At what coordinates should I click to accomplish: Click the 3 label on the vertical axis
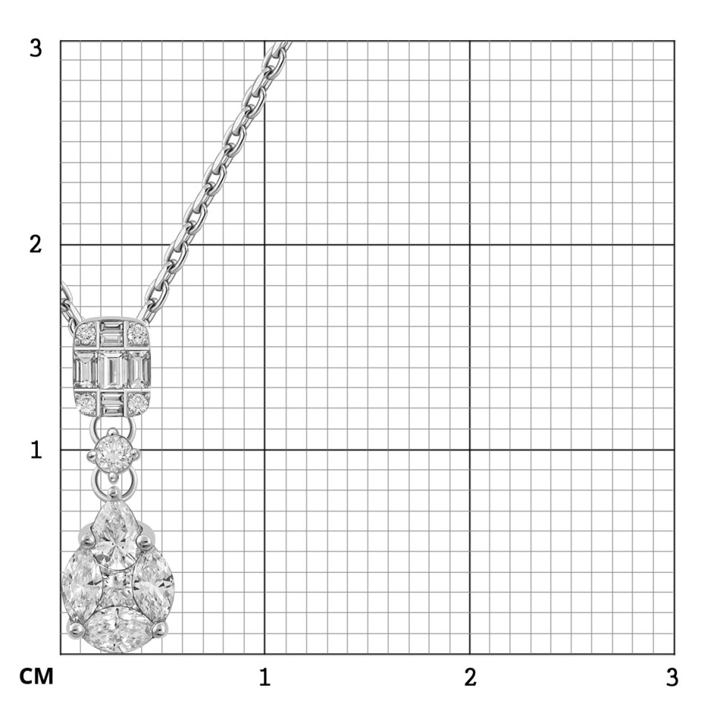pyautogui.click(x=36, y=48)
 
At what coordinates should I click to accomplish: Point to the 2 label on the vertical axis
pyautogui.click(x=36, y=244)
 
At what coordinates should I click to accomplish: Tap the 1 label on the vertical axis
pyautogui.click(x=36, y=450)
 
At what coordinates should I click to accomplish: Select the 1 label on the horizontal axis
pyautogui.click(x=264, y=677)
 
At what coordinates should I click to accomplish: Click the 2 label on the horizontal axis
pyautogui.click(x=470, y=677)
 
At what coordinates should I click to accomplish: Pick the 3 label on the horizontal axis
pyautogui.click(x=672, y=677)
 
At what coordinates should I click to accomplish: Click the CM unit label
pyautogui.click(x=36, y=677)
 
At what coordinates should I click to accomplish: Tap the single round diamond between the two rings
pyautogui.click(x=112, y=454)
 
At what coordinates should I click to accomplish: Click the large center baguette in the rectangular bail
pyautogui.click(x=112, y=370)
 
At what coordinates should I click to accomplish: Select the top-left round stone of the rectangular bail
pyautogui.click(x=86, y=333)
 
